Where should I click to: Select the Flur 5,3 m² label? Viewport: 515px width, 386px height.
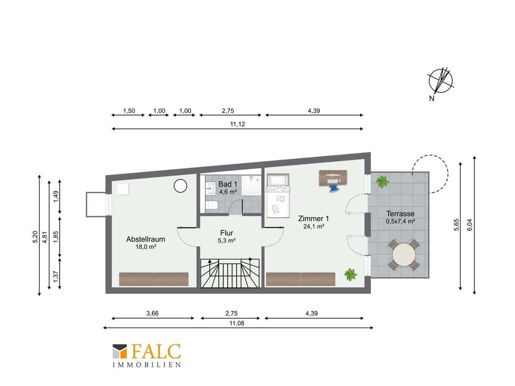tap(227, 236)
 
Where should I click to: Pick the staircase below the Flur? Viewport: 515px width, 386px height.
tap(230, 273)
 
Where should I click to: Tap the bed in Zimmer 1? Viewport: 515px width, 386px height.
tap(278, 196)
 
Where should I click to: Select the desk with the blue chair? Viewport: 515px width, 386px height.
tap(333, 180)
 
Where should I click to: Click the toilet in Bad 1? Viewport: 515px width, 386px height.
tap(211, 205)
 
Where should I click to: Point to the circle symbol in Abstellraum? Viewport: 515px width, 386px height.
tap(180, 186)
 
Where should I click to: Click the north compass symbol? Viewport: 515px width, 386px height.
tap(441, 81)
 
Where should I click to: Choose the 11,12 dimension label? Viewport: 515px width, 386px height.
tap(237, 124)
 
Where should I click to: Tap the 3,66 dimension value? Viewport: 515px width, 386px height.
tap(152, 313)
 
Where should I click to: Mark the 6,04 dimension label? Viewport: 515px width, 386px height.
tap(469, 225)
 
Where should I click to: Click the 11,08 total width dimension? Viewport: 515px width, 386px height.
tap(237, 323)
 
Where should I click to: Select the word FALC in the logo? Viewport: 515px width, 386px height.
tap(156, 351)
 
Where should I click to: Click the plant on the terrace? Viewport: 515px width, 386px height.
tap(382, 182)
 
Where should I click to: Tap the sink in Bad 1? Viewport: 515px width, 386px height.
tap(210, 189)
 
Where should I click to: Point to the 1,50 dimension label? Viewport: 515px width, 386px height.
tap(129, 111)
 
